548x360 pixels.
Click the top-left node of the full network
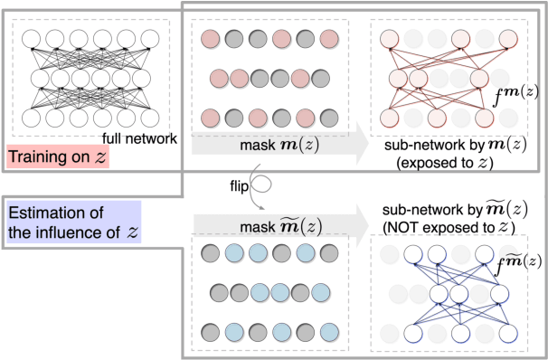pos(32,38)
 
